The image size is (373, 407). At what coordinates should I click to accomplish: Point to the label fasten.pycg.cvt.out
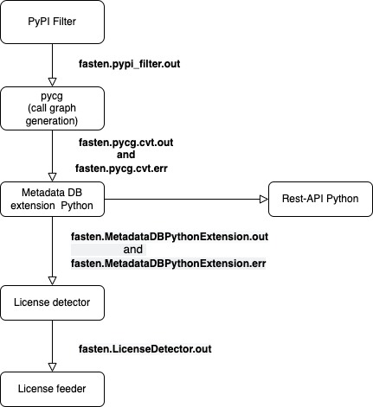(x=125, y=142)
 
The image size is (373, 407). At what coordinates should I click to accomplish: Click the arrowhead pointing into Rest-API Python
(x=263, y=200)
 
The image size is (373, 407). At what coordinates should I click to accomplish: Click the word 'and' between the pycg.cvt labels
(x=125, y=155)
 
